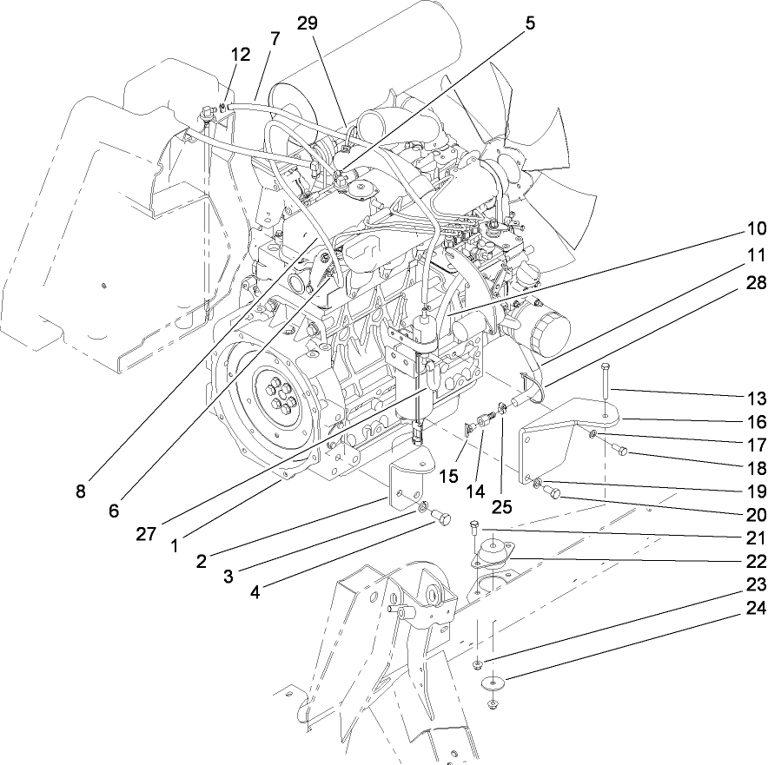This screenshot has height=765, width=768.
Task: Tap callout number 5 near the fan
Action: [x=530, y=22]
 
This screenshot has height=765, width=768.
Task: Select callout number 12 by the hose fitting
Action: [x=240, y=54]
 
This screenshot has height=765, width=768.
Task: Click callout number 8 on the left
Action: [x=81, y=491]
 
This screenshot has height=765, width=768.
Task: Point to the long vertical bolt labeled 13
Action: [x=601, y=379]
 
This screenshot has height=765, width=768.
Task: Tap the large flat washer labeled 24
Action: [x=495, y=682]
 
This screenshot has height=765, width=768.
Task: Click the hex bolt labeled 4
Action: [x=441, y=519]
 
